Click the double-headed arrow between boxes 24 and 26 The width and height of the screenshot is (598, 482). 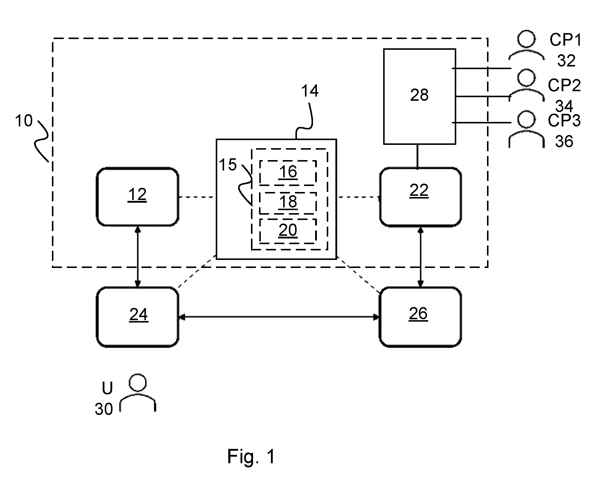279,317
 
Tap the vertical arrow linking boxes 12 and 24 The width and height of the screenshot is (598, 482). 138,257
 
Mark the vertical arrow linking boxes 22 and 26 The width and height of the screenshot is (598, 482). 420,257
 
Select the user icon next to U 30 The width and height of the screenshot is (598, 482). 138,393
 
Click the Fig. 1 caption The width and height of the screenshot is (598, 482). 251,456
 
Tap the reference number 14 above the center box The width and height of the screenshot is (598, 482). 310,91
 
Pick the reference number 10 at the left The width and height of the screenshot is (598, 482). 24,121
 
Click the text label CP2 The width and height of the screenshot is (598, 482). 564,85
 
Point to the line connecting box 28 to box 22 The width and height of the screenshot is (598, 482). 417,156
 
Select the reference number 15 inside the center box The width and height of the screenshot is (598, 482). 228,165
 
